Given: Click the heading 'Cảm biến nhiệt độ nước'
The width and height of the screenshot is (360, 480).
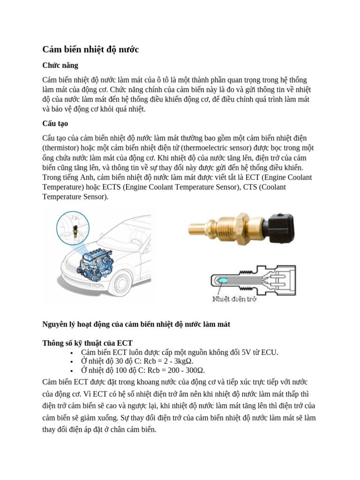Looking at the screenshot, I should pos(90,49).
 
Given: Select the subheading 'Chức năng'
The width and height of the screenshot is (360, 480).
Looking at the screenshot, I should pos(60,65).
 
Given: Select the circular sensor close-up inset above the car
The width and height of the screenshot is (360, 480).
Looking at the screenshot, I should pos(73,228).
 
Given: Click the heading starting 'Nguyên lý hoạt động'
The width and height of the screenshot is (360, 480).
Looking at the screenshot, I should pos(136,324).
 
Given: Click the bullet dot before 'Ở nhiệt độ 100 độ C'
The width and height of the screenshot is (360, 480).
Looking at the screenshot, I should pos(71,371).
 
